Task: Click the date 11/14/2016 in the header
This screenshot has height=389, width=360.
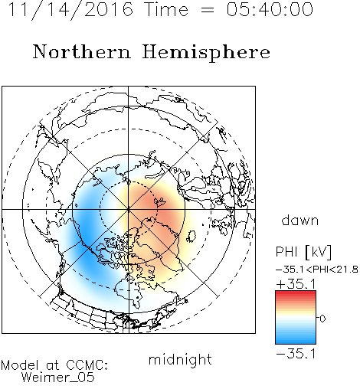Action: [70, 10]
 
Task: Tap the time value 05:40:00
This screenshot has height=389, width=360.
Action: [270, 9]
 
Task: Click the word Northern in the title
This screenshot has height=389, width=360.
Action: [82, 51]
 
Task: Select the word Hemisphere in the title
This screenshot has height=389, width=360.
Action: [206, 53]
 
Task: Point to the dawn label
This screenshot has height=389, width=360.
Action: [300, 220]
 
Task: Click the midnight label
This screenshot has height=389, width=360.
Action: [180, 359]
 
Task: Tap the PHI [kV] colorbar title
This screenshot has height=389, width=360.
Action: [303, 252]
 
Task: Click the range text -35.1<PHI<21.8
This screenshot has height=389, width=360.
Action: [317, 270]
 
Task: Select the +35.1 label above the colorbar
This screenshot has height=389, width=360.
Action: [296, 284]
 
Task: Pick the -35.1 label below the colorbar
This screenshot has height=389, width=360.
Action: [296, 354]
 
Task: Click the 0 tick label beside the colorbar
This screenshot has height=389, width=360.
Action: [322, 319]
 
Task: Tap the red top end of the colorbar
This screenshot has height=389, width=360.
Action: [296, 293]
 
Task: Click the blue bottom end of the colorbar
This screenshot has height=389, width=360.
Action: [296, 342]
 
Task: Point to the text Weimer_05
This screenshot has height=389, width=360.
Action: [58, 378]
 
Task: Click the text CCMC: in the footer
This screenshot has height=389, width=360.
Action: [87, 365]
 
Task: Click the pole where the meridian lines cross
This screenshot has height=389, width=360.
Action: [129, 209]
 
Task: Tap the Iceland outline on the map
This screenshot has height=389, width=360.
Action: [191, 237]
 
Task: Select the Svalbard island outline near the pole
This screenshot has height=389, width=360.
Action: [160, 202]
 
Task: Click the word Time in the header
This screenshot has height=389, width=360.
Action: [166, 9]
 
